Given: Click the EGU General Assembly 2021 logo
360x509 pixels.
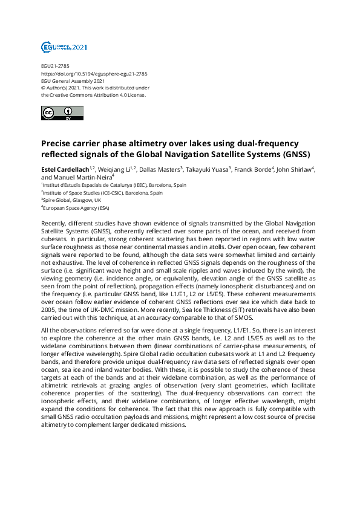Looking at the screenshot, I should pyautogui.click(x=64, y=47).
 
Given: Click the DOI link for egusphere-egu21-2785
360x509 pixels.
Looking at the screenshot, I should pyautogui.click(x=94, y=74).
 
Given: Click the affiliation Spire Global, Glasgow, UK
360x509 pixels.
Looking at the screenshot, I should pyautogui.click(x=72, y=200).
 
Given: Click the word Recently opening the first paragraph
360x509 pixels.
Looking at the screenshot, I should pyautogui.click(x=54, y=224).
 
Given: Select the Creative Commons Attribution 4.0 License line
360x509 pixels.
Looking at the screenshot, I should pyautogui.click(x=93, y=94).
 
